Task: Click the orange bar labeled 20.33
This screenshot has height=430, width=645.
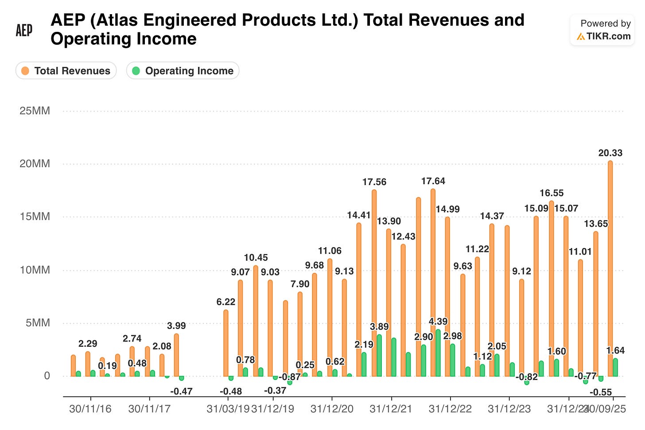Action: tap(610, 268)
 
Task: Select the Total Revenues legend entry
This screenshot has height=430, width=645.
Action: tap(66, 71)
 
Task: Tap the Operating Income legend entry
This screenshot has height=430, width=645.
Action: tap(183, 71)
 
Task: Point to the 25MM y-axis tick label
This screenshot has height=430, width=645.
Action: tap(35, 111)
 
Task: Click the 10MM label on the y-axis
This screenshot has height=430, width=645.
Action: tap(35, 270)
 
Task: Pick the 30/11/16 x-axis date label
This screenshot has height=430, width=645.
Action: tap(90, 409)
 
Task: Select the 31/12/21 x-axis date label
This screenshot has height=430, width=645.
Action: tap(391, 409)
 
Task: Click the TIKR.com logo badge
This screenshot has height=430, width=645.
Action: tap(602, 30)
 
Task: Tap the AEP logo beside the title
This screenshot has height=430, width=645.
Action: tap(24, 30)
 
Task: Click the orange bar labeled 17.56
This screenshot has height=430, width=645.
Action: tap(374, 283)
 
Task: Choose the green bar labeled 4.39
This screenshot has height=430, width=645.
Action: tap(438, 353)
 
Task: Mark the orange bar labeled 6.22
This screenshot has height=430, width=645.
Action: tap(226, 343)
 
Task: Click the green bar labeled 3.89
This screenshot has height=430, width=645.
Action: tap(379, 356)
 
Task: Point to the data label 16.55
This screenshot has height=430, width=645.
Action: tap(552, 193)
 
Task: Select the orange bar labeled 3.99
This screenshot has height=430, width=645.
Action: tap(176, 355)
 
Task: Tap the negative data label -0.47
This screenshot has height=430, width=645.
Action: tap(181, 391)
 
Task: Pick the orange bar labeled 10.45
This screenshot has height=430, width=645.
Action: tap(256, 321)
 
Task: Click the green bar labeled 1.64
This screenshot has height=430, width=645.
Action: tap(615, 368)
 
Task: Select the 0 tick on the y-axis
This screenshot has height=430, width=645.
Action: tap(47, 376)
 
